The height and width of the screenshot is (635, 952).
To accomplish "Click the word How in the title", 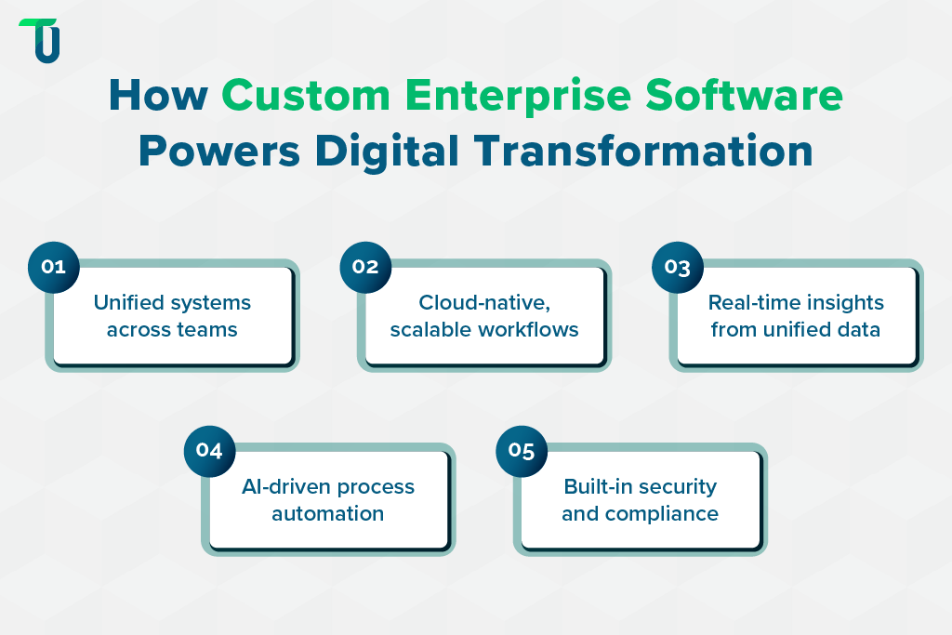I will pyautogui.click(x=157, y=96).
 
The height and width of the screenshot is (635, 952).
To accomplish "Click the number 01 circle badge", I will pyautogui.click(x=54, y=267).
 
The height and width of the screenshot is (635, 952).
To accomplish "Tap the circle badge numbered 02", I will pyautogui.click(x=365, y=267).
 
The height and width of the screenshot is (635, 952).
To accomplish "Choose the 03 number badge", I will pyautogui.click(x=678, y=267).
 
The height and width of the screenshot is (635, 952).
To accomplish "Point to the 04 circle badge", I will pyautogui.click(x=209, y=451).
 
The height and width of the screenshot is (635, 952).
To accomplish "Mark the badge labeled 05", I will pyautogui.click(x=522, y=451).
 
